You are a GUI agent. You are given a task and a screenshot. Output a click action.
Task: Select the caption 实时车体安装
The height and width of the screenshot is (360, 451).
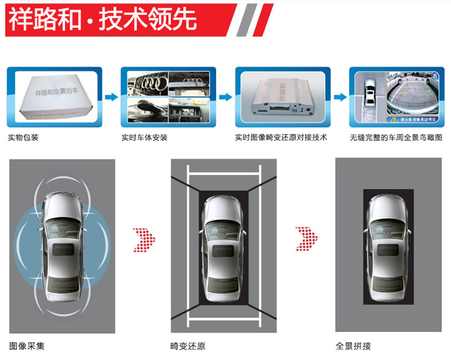click(x=144, y=137)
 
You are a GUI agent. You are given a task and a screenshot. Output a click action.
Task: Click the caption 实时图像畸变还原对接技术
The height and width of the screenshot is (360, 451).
click(x=281, y=137)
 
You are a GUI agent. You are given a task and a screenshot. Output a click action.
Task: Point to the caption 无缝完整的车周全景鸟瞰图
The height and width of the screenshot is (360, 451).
click(x=397, y=137)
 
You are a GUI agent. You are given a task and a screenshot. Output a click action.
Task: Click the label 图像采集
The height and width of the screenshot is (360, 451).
click(x=27, y=346)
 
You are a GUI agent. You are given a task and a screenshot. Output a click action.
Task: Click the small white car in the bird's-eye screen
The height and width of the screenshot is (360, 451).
click(x=370, y=94)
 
